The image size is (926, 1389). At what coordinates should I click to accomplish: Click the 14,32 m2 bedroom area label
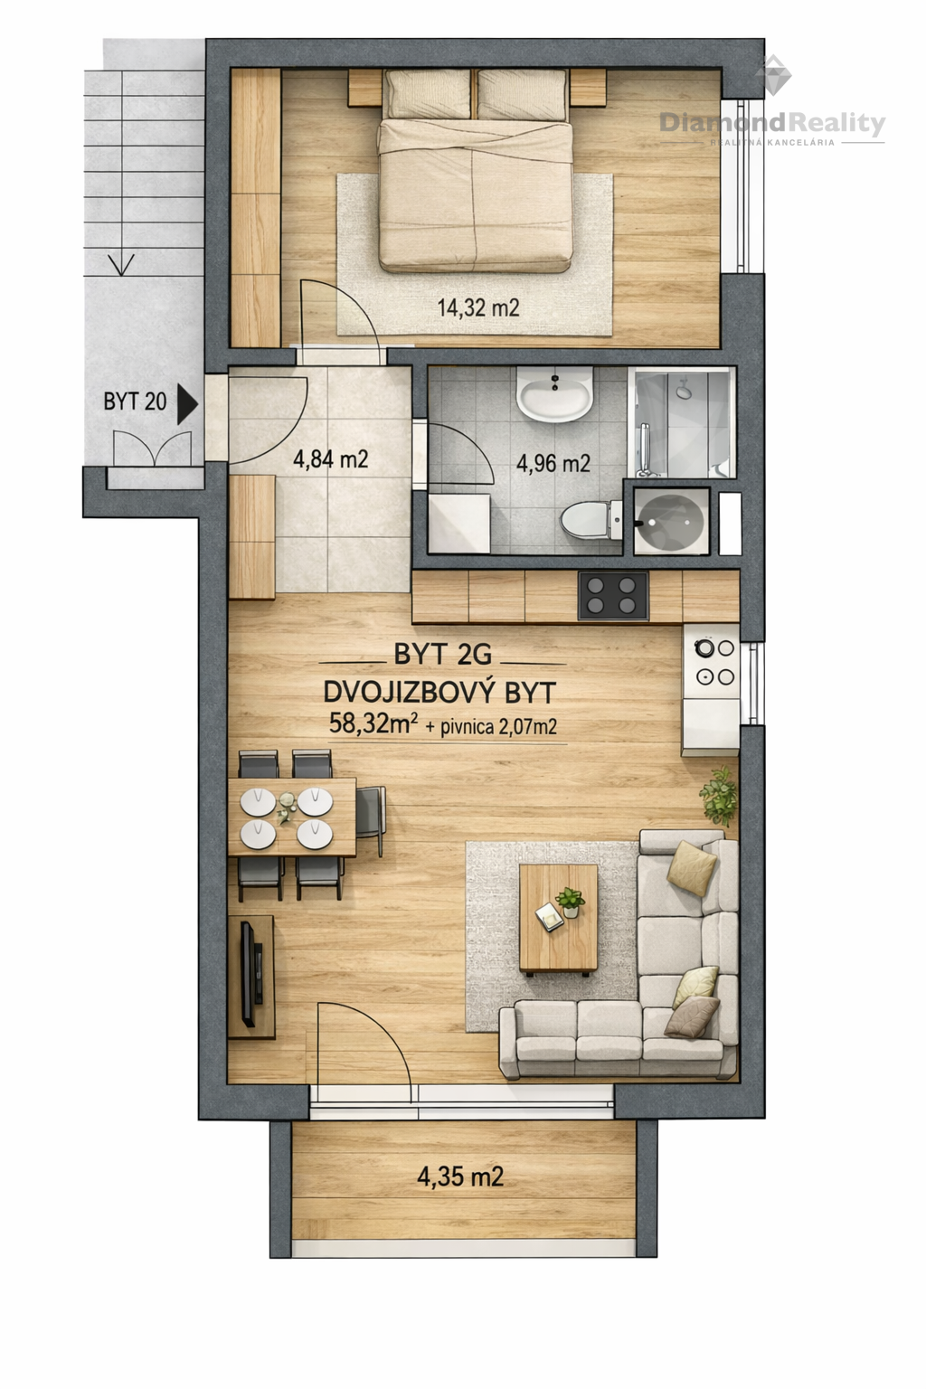coord(478,307)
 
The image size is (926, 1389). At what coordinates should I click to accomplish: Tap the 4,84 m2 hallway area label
coord(331,459)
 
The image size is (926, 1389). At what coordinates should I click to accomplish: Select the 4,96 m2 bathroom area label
coord(553,463)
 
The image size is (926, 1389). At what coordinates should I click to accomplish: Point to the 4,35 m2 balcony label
coord(460,1176)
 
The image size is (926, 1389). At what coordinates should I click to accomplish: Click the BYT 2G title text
coord(443,654)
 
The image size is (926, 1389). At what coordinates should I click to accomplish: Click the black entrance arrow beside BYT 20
coord(187,404)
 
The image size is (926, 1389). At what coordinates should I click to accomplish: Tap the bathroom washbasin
coord(554,394)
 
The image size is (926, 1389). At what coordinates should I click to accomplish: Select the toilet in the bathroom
coord(591,520)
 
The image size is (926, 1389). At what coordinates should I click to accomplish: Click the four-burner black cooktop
coord(613,595)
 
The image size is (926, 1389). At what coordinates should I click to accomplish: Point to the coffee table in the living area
coord(558,919)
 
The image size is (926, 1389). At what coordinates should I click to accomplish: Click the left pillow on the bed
coord(428,94)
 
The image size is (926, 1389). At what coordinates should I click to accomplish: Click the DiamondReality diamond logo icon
coord(773,75)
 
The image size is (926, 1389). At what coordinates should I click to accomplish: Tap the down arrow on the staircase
coord(121,263)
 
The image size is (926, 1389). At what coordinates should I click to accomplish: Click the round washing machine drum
coord(672,520)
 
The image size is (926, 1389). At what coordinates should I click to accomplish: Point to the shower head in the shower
coord(684,391)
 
